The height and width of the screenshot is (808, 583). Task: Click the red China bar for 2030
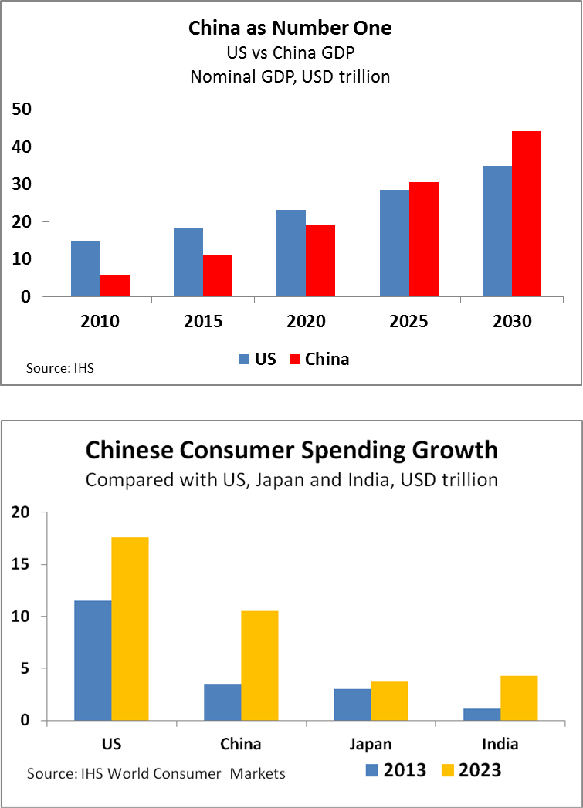pos(527,214)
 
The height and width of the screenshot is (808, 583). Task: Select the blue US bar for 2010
pos(86,269)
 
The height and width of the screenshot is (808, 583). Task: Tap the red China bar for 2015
pos(218,276)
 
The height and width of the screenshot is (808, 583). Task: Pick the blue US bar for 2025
pos(395,243)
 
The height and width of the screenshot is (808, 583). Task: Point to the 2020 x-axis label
pos(307,322)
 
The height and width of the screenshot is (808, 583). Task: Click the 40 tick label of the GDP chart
pos(22,147)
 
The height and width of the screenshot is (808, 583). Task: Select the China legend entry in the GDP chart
pos(320,359)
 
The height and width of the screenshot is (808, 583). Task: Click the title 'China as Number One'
pos(290,28)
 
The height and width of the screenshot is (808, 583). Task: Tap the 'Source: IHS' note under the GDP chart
pos(60,368)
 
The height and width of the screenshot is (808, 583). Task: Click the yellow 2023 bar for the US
pos(130,629)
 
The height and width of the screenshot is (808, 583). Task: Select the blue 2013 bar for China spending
pos(222,702)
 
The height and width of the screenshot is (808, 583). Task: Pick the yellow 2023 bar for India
pos(519,698)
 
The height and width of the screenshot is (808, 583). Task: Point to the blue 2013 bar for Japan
pos(352,705)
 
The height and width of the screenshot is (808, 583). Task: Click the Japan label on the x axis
pos(371,744)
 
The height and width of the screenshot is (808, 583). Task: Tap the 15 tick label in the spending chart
pos(21,564)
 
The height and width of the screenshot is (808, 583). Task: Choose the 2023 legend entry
pos(472,770)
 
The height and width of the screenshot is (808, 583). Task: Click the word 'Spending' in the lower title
pos(354,451)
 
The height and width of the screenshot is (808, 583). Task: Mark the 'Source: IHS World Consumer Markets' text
pos(156,773)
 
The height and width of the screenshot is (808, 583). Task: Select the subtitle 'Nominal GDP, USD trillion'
pos(290,76)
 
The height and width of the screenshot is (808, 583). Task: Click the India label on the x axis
pos(500,744)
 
